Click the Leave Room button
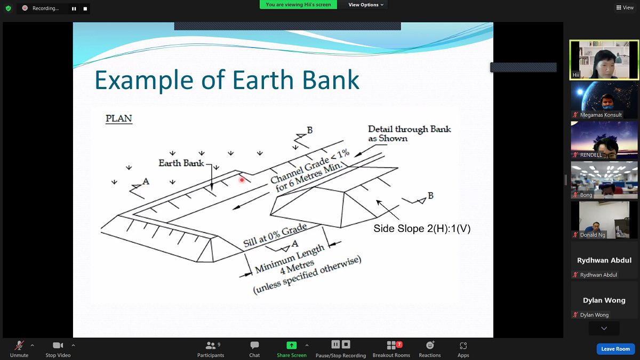click(x=615, y=349)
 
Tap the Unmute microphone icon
click(x=19, y=345)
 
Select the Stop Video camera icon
click(x=58, y=345)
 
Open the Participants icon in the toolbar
click(x=211, y=346)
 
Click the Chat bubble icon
click(x=254, y=345)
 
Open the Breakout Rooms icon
click(x=391, y=345)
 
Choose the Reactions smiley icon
click(x=430, y=345)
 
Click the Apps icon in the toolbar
click(x=463, y=346)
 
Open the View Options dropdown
click(x=366, y=5)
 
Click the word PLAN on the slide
click(x=119, y=118)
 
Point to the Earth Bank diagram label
click(x=181, y=163)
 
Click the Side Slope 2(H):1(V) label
click(x=422, y=228)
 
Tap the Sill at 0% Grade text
click(x=275, y=235)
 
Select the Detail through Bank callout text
click(x=409, y=134)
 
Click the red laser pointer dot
click(x=242, y=180)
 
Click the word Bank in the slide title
click(x=331, y=80)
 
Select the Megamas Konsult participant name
click(x=601, y=115)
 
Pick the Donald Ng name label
click(x=593, y=235)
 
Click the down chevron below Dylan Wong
click(x=604, y=329)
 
